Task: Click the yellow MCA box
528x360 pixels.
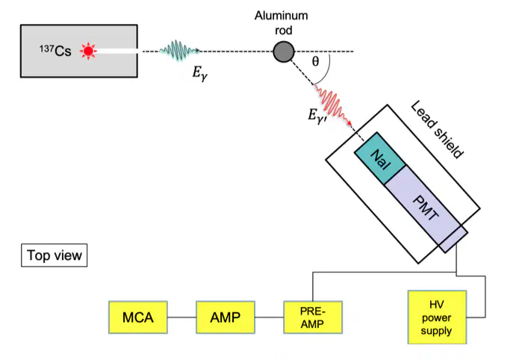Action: (138, 317)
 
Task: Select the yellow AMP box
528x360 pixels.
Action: (226, 317)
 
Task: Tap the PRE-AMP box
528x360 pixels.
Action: (313, 317)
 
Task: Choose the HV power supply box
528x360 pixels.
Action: (437, 317)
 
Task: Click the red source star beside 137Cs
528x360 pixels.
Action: (88, 51)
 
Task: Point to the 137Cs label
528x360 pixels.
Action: (55, 51)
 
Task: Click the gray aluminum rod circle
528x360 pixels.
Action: (284, 52)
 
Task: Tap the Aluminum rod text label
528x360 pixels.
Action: (281, 23)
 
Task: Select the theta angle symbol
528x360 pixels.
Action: (315, 61)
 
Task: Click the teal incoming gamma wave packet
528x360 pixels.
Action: (179, 51)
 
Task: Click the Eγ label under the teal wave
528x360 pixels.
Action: (200, 73)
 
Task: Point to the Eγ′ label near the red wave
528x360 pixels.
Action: (317, 117)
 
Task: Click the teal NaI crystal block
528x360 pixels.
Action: (380, 158)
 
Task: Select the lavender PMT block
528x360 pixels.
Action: (426, 209)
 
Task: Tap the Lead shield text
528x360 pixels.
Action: (437, 130)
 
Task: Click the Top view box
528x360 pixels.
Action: (55, 255)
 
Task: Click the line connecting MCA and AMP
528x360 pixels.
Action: (181, 317)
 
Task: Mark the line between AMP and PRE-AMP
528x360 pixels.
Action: (269, 317)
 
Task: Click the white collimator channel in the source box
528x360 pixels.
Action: (117, 52)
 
